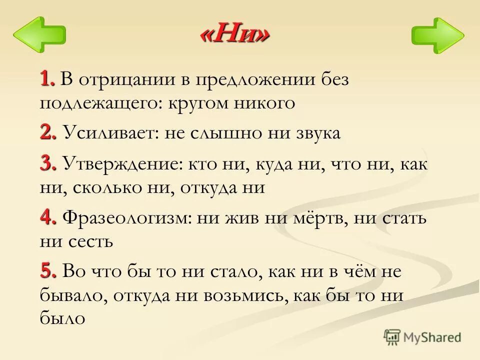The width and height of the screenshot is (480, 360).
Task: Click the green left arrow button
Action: coord(38,35)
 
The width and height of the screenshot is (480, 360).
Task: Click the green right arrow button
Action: coord(437,35)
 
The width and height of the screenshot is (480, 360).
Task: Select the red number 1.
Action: coord(47,78)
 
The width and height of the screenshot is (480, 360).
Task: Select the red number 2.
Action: coord(48,133)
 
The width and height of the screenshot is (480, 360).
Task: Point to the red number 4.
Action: coord(48,218)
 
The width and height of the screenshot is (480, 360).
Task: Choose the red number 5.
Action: coord(48,272)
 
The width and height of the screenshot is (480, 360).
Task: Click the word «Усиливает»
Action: coord(106,134)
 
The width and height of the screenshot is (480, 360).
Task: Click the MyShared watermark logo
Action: coord(422,337)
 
